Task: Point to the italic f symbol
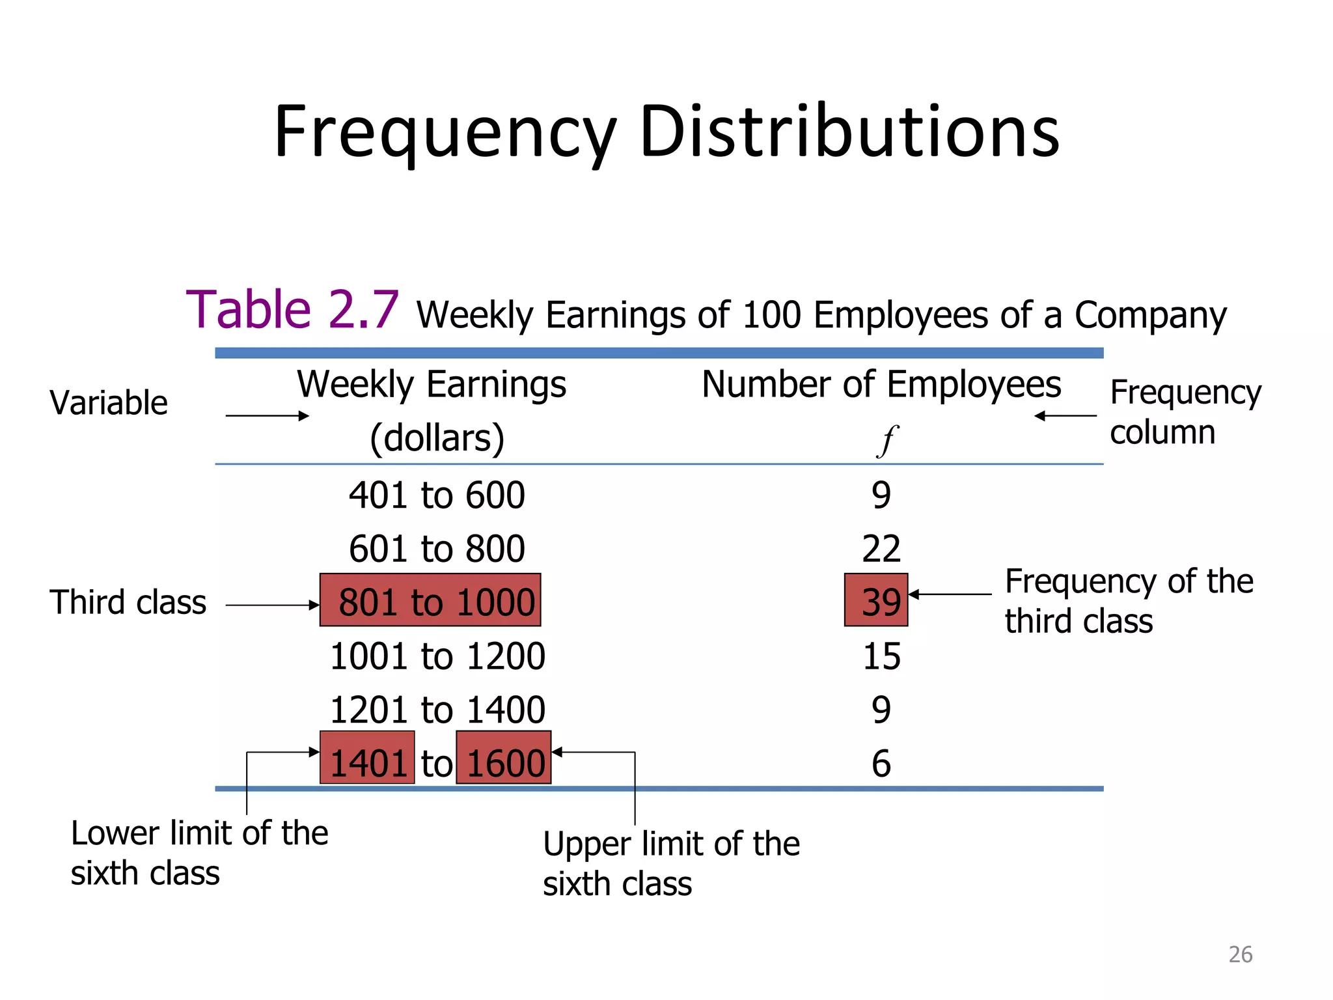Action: click(x=886, y=440)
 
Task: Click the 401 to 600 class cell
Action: click(x=437, y=495)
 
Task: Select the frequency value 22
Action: click(x=881, y=549)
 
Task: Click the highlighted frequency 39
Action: click(x=876, y=600)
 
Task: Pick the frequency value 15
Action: click(x=881, y=656)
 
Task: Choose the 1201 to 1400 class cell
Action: click(x=437, y=710)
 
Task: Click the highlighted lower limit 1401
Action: click(x=367, y=758)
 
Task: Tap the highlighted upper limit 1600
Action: click(x=504, y=758)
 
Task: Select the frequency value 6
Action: click(x=881, y=764)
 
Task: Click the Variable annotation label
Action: click(x=109, y=402)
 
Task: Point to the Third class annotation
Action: click(x=128, y=602)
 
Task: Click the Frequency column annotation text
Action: click(x=1185, y=412)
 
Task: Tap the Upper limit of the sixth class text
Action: click(x=670, y=864)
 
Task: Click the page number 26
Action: click(x=1240, y=954)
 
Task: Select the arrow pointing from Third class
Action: click(x=272, y=605)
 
